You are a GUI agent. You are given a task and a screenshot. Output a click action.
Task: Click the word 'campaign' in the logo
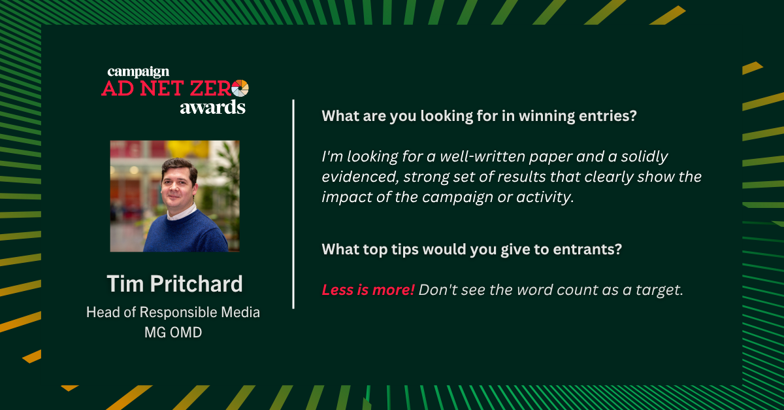pyautogui.click(x=139, y=72)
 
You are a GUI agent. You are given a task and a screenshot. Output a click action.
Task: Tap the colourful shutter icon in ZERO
pyautogui.click(x=240, y=88)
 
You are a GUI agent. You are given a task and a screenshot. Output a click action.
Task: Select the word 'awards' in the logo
pyautogui.click(x=213, y=107)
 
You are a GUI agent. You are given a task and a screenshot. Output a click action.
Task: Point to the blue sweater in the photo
pyautogui.click(x=186, y=232)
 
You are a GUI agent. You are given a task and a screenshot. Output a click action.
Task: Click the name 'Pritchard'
pyautogui.click(x=197, y=284)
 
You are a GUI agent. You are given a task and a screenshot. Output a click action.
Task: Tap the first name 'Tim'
pyautogui.click(x=125, y=284)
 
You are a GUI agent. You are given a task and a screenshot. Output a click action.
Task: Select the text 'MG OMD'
pyautogui.click(x=173, y=333)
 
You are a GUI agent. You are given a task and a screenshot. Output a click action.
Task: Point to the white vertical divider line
pyautogui.click(x=293, y=204)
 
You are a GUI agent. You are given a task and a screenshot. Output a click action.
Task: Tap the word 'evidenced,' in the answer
pyautogui.click(x=361, y=177)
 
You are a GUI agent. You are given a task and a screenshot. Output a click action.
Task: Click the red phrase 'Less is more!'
pyautogui.click(x=368, y=290)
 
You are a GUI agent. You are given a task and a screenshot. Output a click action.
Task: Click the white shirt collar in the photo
pyautogui.click(x=181, y=213)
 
